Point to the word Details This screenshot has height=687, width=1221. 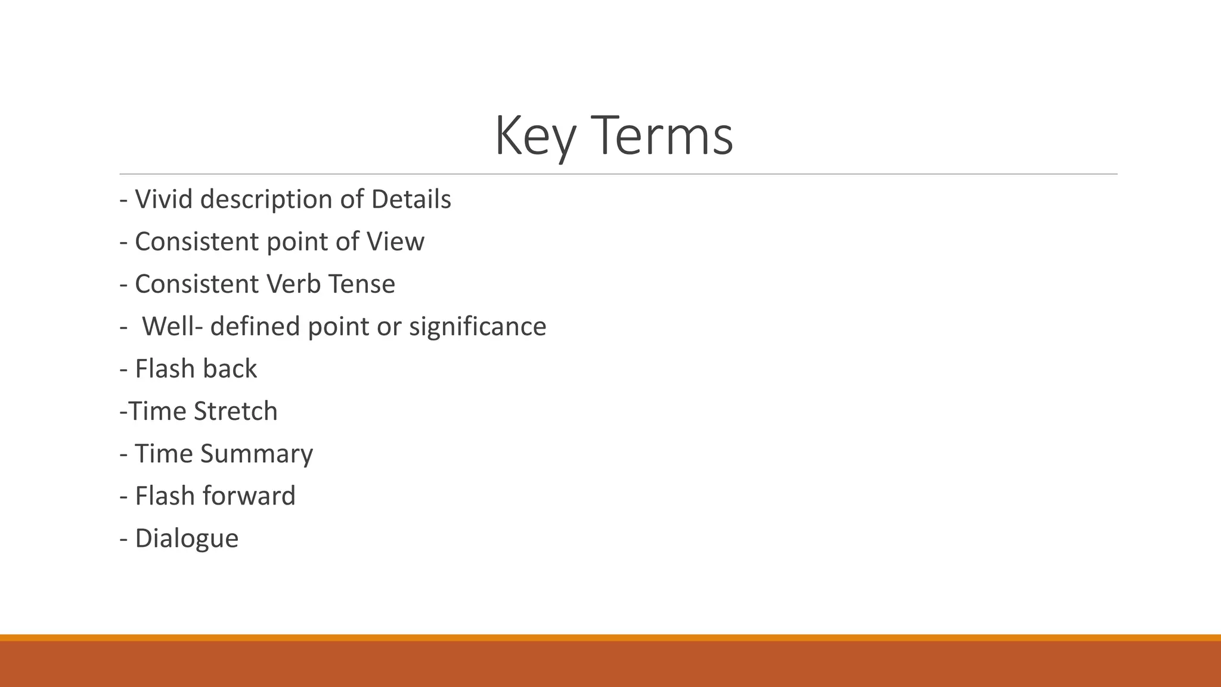[411, 199]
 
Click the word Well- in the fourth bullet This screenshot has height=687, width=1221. [172, 326]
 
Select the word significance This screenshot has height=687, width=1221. [478, 326]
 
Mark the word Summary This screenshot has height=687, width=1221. [256, 454]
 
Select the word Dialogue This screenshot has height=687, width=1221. [187, 539]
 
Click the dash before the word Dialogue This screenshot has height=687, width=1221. [123, 539]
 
